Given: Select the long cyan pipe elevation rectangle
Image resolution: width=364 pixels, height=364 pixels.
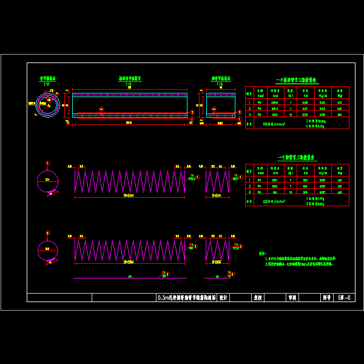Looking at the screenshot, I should click(129, 104).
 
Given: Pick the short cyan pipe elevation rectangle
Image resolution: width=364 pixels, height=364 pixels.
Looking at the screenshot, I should click(221, 104).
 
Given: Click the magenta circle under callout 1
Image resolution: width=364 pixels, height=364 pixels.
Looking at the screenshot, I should click(47, 181).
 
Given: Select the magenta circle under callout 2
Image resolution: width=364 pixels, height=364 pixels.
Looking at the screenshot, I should click(47, 250).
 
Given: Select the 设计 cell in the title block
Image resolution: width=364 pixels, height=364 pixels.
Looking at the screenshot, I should click(223, 298).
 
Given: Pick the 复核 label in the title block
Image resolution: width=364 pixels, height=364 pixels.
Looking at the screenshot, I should click(257, 298).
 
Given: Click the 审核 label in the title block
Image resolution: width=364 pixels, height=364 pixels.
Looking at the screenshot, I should click(292, 298).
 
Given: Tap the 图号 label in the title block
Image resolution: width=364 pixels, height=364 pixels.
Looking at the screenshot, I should click(326, 298).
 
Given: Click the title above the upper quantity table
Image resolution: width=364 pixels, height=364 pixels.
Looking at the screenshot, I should click(297, 80).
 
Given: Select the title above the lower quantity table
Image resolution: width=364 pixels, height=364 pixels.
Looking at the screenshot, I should click(297, 158).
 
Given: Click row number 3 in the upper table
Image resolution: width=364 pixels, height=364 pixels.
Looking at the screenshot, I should click(249, 113).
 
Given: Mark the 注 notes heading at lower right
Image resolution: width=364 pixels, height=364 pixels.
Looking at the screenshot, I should click(262, 253).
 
